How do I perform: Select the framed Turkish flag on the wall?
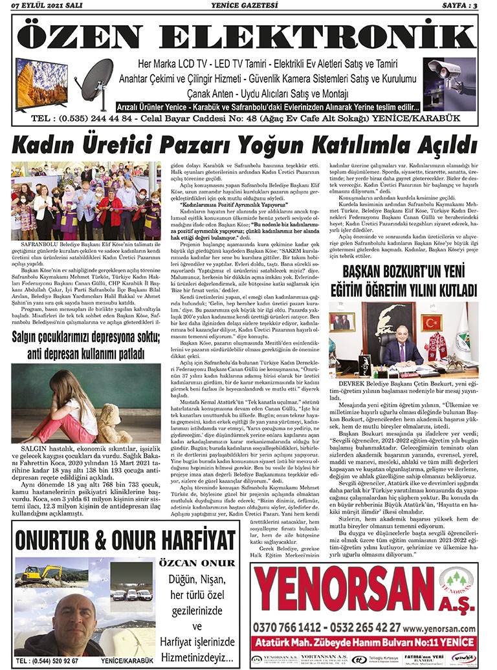(430, 322)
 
